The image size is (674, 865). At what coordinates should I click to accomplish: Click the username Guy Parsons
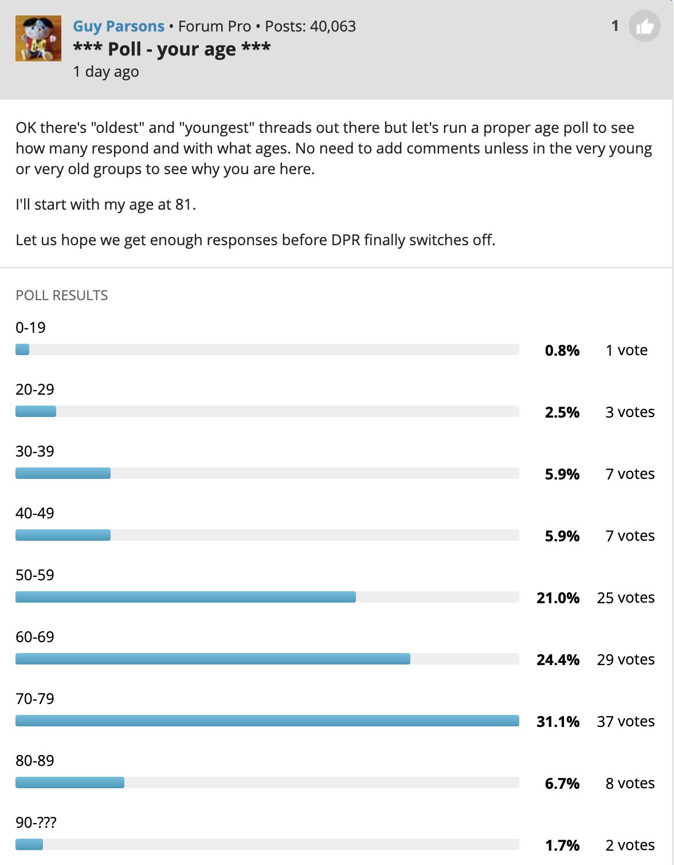click(119, 26)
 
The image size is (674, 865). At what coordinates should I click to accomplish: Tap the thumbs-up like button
click(644, 26)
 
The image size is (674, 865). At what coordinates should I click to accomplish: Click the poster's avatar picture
click(38, 38)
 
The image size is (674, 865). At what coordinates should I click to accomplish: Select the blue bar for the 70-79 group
click(267, 721)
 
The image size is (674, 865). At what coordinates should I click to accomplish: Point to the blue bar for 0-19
click(22, 349)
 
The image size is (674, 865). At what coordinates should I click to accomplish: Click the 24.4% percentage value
click(558, 660)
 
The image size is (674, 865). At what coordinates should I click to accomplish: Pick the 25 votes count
click(625, 598)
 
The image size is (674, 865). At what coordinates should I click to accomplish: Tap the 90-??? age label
click(36, 823)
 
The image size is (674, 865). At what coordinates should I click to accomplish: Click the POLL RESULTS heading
click(61, 296)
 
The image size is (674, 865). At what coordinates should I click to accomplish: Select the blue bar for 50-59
click(185, 597)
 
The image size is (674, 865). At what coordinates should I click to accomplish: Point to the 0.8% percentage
click(562, 351)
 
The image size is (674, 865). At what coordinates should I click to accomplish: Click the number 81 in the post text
click(183, 205)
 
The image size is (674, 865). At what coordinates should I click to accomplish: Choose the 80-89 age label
click(35, 761)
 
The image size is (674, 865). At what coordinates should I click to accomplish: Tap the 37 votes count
click(625, 722)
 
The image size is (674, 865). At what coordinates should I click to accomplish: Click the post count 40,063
click(332, 26)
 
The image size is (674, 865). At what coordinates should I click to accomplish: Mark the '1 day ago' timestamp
click(106, 72)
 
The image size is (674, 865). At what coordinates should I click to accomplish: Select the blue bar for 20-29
click(36, 411)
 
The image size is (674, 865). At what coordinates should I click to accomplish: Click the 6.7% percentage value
click(562, 784)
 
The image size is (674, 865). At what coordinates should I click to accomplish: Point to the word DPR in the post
click(346, 240)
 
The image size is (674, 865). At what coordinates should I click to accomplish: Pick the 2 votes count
click(630, 846)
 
